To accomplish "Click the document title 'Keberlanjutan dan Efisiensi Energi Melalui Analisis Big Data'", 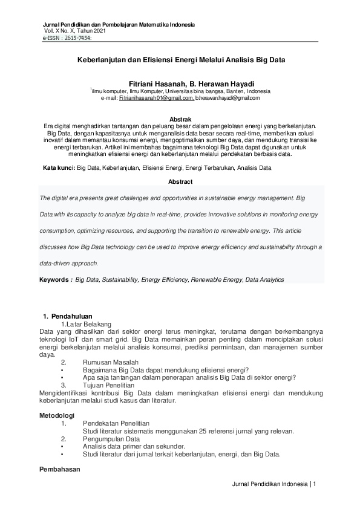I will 181,60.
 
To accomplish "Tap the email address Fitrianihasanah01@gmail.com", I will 156,97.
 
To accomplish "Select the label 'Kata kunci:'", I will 59,166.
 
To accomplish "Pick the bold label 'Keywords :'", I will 56,280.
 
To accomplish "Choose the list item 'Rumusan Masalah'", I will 110,362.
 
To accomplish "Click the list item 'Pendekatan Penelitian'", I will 116,423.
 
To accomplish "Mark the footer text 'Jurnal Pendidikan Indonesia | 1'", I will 274,484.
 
